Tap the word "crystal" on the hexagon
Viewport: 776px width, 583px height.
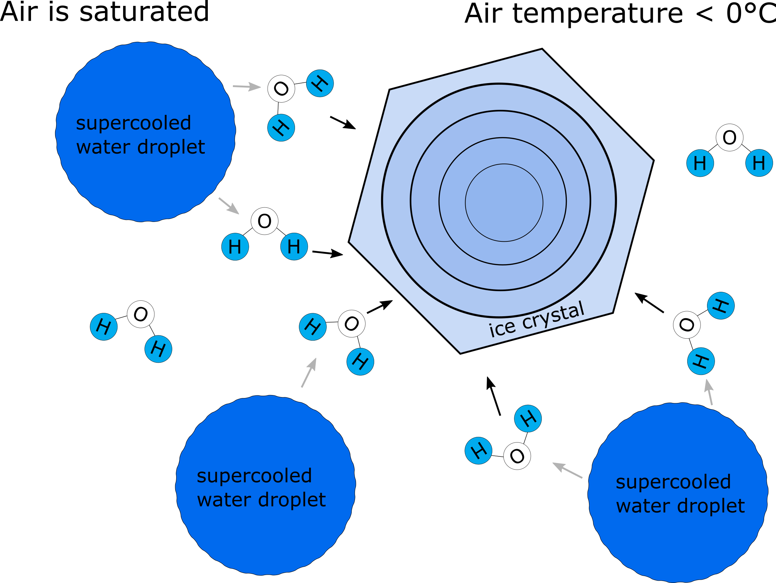[553, 316]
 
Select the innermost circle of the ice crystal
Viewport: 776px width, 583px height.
[504, 202]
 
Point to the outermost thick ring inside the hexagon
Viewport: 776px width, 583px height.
[382, 200]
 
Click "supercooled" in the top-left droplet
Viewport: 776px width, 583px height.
[133, 123]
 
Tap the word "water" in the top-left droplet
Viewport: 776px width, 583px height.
[103, 147]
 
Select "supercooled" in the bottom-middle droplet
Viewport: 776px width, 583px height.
[254, 476]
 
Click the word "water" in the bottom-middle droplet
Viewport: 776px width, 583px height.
[223, 500]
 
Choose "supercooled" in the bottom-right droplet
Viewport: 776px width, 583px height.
[673, 482]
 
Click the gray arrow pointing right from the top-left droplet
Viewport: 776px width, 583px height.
[247, 86]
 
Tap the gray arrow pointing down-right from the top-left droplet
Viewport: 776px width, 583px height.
[229, 206]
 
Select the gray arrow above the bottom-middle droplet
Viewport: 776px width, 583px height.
[309, 373]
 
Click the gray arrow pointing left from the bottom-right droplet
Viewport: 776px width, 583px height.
[567, 470]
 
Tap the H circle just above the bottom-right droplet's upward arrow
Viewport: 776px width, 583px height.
[701, 361]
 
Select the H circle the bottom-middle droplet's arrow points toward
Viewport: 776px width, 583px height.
[312, 327]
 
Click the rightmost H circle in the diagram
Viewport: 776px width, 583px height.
[759, 163]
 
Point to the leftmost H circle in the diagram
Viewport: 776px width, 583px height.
[104, 327]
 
